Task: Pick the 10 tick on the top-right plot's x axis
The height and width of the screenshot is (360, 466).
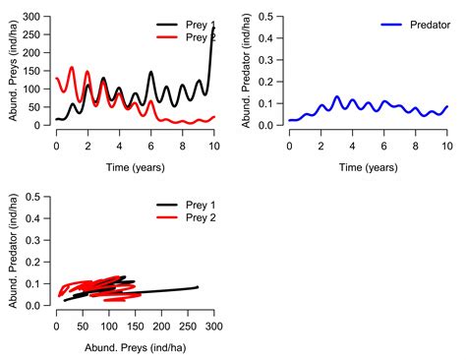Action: click(446, 146)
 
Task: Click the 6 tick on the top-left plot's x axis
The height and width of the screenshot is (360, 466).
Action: click(150, 146)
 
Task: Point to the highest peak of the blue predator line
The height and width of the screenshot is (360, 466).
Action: click(336, 96)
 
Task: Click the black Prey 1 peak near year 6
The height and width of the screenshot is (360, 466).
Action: click(150, 72)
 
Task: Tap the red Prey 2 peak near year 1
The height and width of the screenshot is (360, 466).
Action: click(72, 68)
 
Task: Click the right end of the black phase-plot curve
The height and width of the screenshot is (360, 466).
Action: click(198, 287)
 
